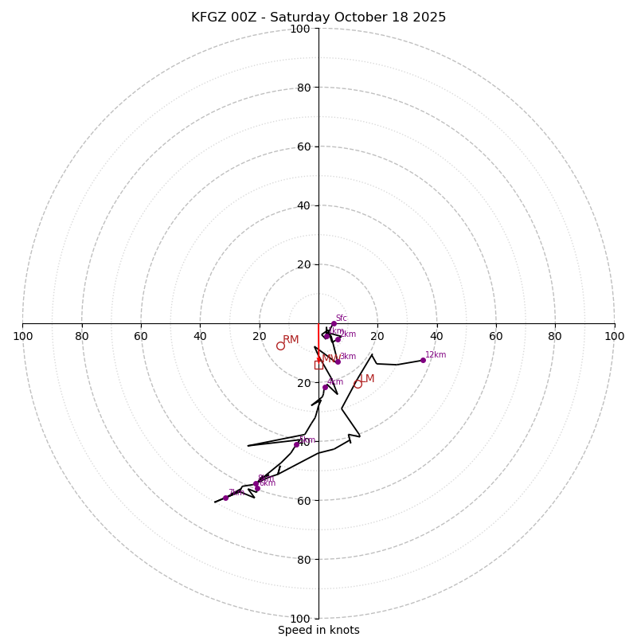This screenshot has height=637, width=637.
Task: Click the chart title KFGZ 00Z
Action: click(x=318, y=18)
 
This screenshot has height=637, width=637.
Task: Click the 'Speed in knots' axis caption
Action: click(x=318, y=630)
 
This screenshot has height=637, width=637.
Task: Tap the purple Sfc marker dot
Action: click(x=334, y=324)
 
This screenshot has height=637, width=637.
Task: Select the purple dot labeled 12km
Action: click(x=423, y=360)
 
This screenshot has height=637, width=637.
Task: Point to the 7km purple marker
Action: click(x=225, y=498)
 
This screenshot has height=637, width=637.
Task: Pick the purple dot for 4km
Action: click(x=325, y=387)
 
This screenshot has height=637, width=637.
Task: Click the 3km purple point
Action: click(x=338, y=361)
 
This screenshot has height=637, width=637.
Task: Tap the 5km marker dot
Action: click(x=296, y=444)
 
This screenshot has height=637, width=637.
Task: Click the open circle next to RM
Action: click(x=280, y=346)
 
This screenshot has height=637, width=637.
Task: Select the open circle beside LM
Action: click(x=358, y=384)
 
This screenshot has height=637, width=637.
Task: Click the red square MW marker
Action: click(x=318, y=365)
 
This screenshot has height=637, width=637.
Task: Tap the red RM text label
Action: click(x=291, y=340)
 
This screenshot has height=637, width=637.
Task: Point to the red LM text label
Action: click(x=367, y=379)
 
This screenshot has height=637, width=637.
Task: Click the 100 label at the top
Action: click(x=300, y=29)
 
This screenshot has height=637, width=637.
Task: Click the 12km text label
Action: click(x=436, y=355)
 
